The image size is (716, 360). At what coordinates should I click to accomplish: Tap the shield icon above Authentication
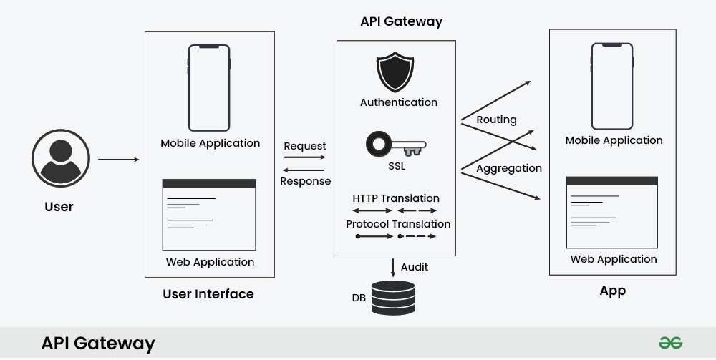click(397, 72)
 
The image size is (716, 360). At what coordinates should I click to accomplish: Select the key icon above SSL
click(396, 145)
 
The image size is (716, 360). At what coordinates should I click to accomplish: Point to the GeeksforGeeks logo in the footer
click(670, 343)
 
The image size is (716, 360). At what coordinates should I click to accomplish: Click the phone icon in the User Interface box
click(209, 88)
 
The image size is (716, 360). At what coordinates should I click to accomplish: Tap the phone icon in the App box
click(612, 86)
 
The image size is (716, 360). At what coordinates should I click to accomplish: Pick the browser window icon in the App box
click(612, 211)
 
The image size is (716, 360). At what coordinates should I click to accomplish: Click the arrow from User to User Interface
click(119, 159)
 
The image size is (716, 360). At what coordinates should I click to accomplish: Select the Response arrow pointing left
click(304, 169)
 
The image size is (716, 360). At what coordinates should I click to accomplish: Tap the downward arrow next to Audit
click(393, 268)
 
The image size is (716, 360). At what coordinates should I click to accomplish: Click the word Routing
click(496, 120)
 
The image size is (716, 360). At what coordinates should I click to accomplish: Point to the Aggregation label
click(509, 168)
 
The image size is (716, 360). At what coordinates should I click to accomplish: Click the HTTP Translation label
click(396, 198)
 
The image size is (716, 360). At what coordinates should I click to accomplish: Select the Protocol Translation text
click(398, 224)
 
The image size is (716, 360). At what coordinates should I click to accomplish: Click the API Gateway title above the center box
click(401, 21)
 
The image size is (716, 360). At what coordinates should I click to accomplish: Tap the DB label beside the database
click(359, 297)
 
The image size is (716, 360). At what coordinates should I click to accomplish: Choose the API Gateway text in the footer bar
click(98, 344)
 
